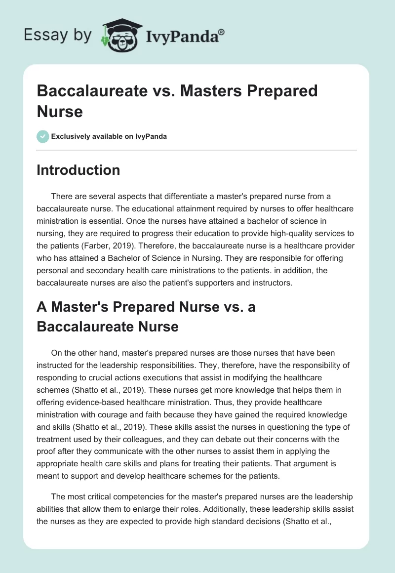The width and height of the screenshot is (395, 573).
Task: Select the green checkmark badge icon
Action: point(43,136)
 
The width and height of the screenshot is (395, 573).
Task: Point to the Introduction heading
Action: point(78,170)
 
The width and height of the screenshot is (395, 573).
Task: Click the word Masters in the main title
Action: point(204,91)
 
